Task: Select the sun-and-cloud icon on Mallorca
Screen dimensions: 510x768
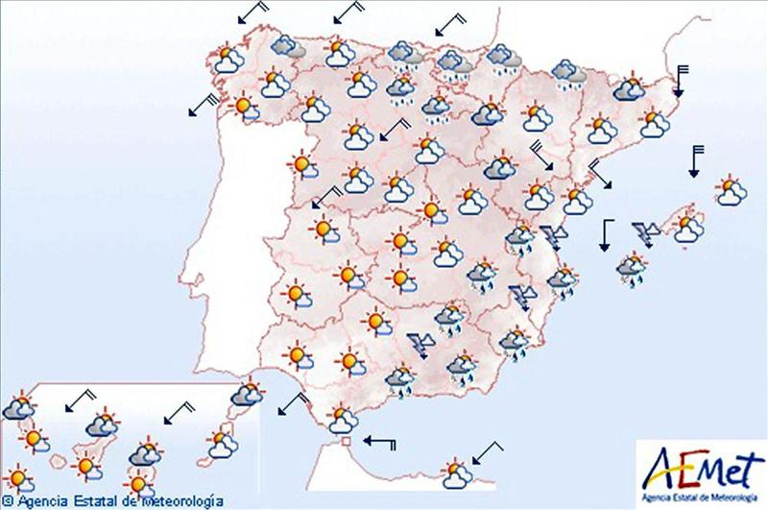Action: point(687,228)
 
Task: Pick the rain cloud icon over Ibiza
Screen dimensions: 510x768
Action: point(632,270)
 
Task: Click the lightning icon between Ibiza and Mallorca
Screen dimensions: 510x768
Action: point(645,232)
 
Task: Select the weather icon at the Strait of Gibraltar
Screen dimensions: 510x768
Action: point(341,419)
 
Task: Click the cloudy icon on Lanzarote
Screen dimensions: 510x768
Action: point(248,393)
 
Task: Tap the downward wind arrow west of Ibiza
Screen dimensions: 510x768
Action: point(606,235)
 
